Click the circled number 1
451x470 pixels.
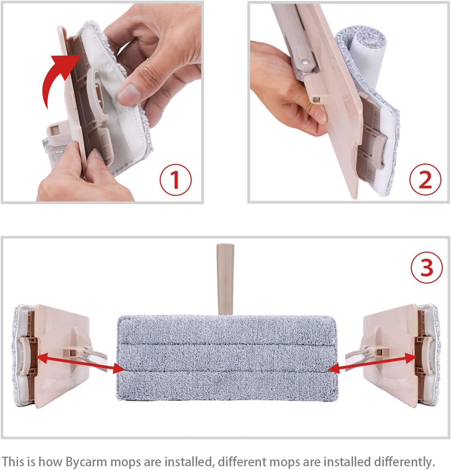[176, 180]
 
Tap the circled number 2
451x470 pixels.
[425, 180]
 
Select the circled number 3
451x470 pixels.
[427, 268]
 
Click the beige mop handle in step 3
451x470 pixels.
[225, 279]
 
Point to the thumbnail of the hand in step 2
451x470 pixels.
[319, 115]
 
